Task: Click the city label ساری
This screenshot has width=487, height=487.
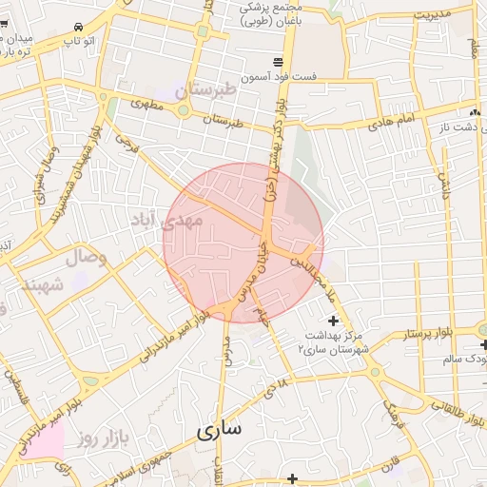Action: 220,430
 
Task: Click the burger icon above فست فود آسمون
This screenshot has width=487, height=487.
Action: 279,58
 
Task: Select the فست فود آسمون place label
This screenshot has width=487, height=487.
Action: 279,74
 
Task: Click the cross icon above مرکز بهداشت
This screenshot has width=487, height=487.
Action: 332,321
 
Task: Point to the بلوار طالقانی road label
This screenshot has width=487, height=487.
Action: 432,405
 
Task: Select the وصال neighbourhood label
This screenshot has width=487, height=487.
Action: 89,258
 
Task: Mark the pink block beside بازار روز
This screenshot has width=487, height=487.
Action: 45,439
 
